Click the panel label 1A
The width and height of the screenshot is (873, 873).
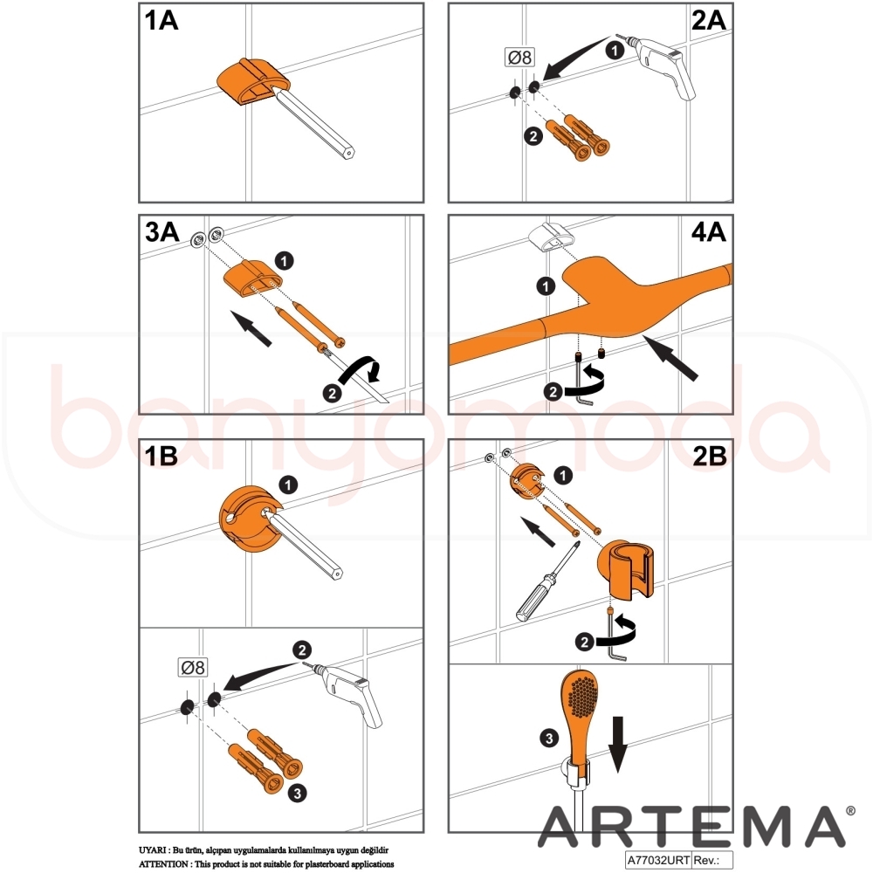point(162,21)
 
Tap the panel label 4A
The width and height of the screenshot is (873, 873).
point(708,231)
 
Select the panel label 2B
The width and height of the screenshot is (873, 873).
point(710,456)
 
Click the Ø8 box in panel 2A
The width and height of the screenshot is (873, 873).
point(519,57)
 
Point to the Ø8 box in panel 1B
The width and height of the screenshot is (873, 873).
point(193,667)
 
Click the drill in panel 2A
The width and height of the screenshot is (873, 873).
point(664,65)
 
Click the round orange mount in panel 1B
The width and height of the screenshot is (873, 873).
point(250,519)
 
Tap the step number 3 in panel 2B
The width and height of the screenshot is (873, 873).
point(549,739)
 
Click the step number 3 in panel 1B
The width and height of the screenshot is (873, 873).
point(298,793)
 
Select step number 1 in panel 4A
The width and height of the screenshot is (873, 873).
point(546,286)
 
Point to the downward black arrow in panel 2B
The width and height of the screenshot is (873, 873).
point(617,745)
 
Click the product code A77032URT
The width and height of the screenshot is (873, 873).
point(658,860)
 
